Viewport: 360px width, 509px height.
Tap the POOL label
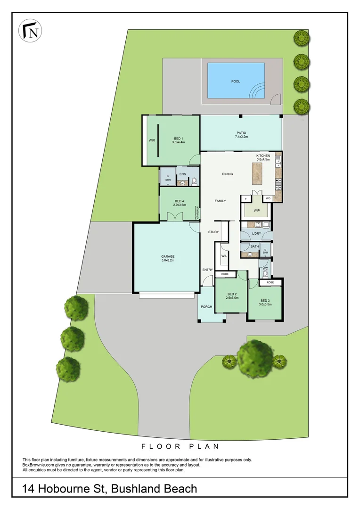coord(236,82)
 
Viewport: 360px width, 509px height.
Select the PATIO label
coord(241,133)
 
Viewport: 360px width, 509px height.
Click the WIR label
coord(152,140)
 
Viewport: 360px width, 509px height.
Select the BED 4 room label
coord(179,202)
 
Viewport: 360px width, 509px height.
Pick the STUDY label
coord(213,232)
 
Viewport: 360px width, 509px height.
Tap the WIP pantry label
coord(257,210)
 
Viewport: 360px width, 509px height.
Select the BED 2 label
coord(232,294)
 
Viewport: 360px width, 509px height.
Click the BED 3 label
coord(265,301)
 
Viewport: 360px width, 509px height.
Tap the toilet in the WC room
coord(265,273)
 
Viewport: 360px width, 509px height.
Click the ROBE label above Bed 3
coord(270,282)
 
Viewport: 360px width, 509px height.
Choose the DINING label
coord(228,174)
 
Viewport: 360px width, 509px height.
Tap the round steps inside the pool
coord(258,90)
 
